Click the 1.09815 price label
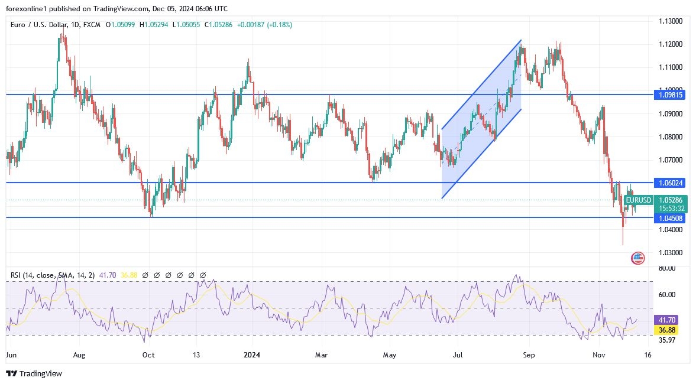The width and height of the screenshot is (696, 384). click(x=671, y=95)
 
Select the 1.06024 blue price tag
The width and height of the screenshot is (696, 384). click(x=671, y=183)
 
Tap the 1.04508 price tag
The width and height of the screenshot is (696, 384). click(x=671, y=218)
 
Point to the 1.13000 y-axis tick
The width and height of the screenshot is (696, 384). click(x=671, y=21)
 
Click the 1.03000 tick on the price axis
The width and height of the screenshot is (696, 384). click(x=671, y=253)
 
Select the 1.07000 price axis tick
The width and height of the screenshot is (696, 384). click(x=671, y=160)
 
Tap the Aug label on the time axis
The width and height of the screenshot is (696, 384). click(x=79, y=355)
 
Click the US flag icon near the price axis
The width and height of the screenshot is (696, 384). click(x=637, y=258)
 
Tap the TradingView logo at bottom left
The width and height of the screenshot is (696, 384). click(x=34, y=373)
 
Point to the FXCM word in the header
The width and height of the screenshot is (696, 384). click(x=92, y=25)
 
